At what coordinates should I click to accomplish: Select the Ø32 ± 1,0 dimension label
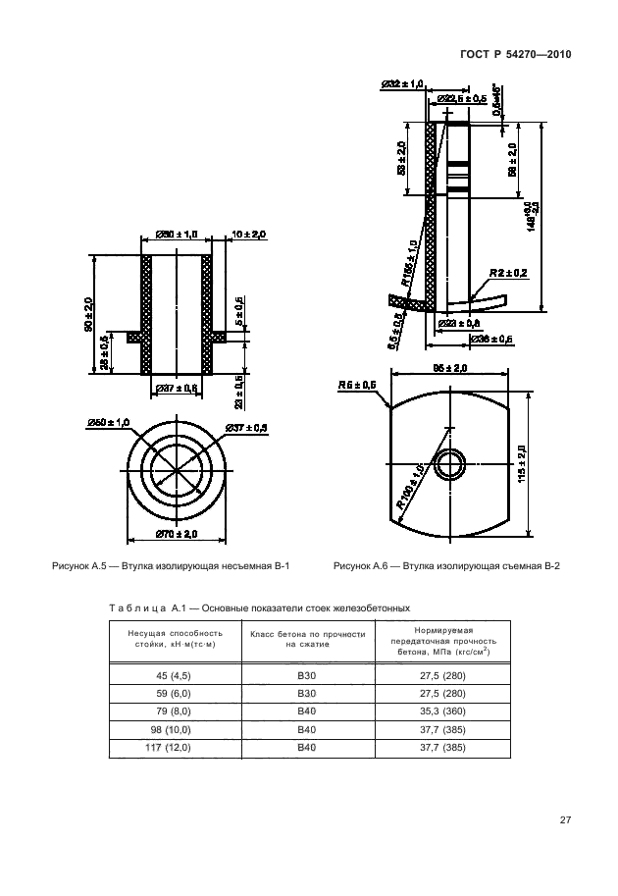coord(402,85)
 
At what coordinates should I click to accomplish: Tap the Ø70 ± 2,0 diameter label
coord(177,533)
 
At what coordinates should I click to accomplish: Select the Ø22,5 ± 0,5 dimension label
coord(462,99)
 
